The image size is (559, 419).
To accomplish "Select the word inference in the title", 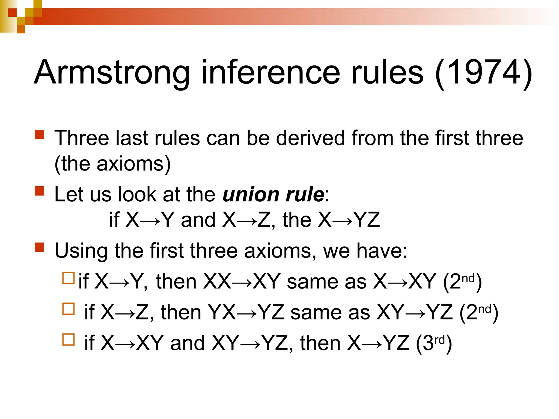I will pyautogui.click(x=270, y=72).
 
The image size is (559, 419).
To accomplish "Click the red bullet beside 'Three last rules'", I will pyautogui.click(x=40, y=135).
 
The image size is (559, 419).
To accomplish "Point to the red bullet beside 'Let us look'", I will pyautogui.click(x=40, y=191).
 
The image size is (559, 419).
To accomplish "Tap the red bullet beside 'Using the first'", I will pyautogui.click(x=40, y=247).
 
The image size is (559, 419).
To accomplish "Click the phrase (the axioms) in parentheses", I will pyautogui.click(x=112, y=164).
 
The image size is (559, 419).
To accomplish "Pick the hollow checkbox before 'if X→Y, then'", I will pyautogui.click(x=69, y=278).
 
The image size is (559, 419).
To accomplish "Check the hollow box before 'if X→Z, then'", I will pyautogui.click(x=69, y=309).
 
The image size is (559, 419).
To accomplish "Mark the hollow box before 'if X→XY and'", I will pyautogui.click(x=69, y=340).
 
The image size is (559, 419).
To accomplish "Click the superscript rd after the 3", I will pyautogui.click(x=439, y=340).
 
